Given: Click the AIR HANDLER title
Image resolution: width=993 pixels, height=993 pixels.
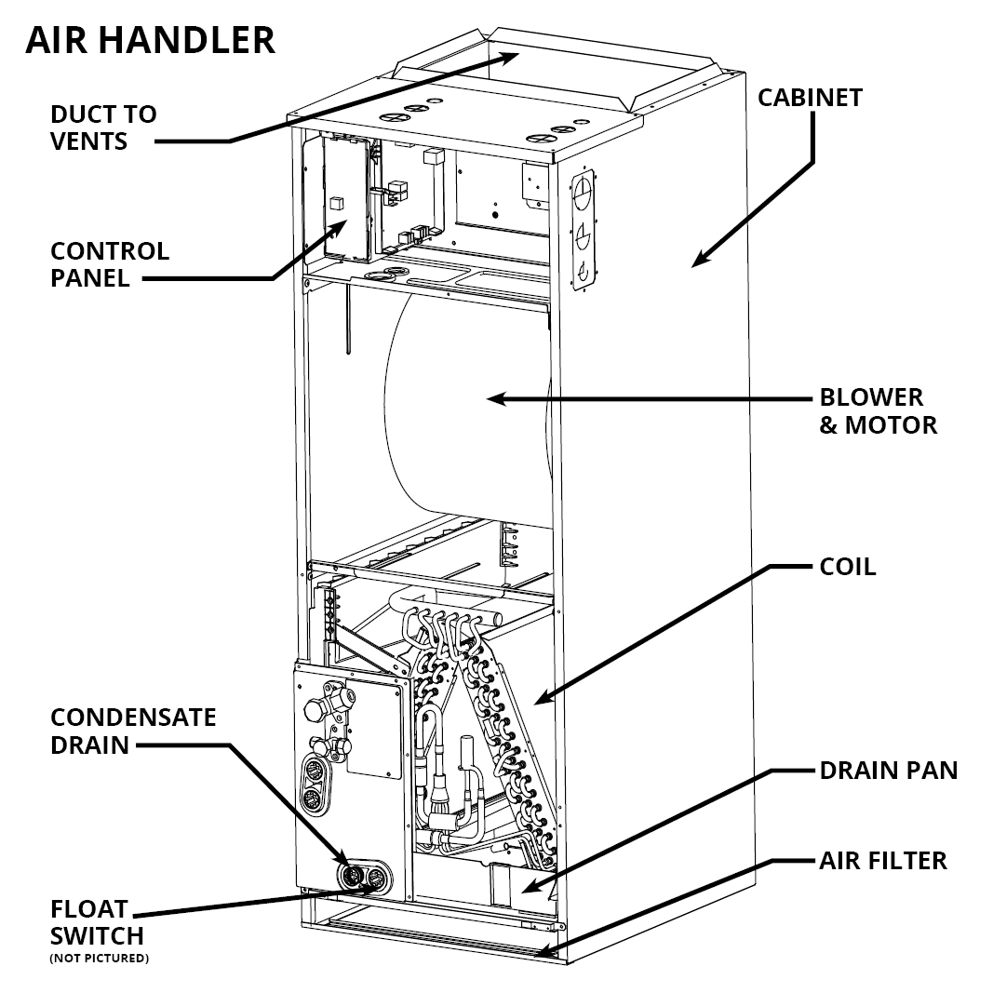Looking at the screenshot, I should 150,40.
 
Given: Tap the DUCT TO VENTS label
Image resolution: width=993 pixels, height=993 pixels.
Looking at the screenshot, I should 103,127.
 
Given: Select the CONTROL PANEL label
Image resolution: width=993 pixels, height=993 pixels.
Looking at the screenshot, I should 110,264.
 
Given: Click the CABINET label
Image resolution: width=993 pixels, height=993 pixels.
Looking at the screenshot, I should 810,98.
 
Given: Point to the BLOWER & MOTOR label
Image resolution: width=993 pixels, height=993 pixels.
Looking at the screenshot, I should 878,411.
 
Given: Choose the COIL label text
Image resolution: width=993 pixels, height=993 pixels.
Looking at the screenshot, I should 847,566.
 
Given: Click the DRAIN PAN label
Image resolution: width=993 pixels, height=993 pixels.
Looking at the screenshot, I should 888,771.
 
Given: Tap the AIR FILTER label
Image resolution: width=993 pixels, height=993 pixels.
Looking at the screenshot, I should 883,860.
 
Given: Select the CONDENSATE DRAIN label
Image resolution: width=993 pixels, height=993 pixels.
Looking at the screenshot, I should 133,731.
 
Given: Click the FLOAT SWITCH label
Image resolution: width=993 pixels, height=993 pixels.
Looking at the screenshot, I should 98,921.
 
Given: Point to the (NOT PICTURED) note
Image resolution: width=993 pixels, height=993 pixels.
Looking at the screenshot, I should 99,958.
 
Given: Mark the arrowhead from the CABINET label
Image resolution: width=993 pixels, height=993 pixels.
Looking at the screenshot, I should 699,260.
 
